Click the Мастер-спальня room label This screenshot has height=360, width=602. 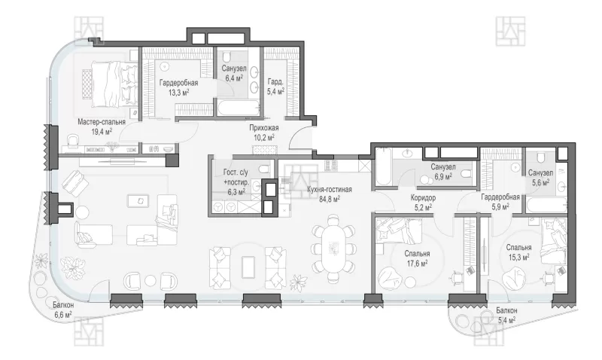102,122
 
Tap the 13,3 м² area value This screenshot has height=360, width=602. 179,92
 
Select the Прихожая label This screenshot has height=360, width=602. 264,128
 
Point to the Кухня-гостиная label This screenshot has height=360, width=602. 330,189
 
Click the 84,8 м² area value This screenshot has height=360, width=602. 330,199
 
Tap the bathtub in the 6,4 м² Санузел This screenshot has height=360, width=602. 238,108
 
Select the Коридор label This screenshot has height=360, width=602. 423,198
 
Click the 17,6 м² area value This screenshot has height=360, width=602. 417,263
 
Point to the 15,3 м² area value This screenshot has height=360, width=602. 518,257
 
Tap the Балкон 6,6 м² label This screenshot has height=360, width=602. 63,310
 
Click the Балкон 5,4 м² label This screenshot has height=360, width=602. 506,315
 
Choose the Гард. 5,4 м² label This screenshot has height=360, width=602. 275,87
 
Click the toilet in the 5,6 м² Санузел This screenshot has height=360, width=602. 540,157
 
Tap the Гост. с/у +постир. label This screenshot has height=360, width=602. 236,177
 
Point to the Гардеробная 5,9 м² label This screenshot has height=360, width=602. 500,202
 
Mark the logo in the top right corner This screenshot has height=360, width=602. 510,31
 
